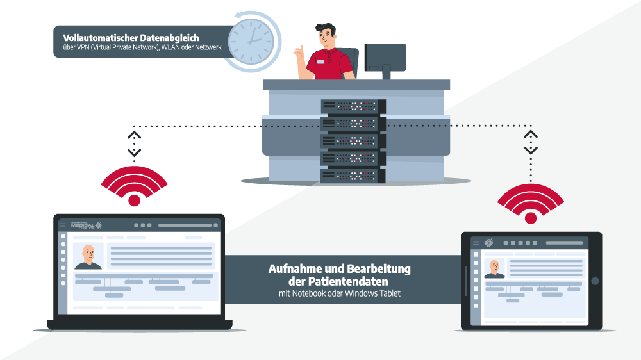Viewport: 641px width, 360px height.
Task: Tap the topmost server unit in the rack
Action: click(353, 106)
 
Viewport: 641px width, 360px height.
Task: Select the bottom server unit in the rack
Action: click(353, 175)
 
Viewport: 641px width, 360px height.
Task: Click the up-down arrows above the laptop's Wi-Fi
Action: click(134, 144)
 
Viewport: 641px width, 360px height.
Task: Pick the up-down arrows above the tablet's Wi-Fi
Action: click(531, 142)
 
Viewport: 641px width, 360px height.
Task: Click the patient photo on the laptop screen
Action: click(88, 256)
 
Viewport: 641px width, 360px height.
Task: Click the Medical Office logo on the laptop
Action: click(86, 225)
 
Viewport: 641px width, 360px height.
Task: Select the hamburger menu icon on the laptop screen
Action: click(63, 225)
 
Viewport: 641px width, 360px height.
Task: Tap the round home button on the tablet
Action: click(595, 281)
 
